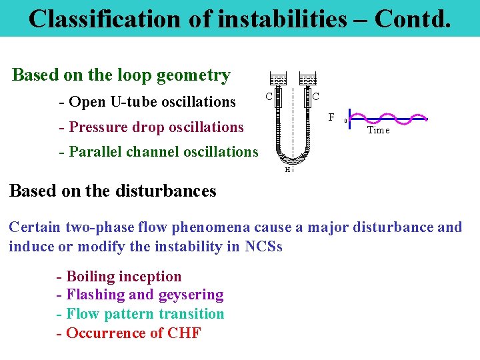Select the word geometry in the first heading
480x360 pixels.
pyautogui.click(x=193, y=75)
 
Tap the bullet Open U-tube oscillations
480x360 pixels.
pyautogui.click(x=147, y=102)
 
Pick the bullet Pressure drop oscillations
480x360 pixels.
pyautogui.click(x=151, y=127)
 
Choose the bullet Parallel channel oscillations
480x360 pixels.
pyautogui.click(x=159, y=151)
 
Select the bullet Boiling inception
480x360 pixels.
pyautogui.click(x=119, y=276)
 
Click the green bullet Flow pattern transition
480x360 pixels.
pyautogui.click(x=140, y=313)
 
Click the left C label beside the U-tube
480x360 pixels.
pyautogui.click(x=269, y=97)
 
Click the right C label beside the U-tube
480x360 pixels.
pyautogui.click(x=315, y=97)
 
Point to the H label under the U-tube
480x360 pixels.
pyautogui.click(x=287, y=169)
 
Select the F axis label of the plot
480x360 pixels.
pyautogui.click(x=331, y=118)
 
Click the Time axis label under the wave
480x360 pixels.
pyautogui.click(x=378, y=131)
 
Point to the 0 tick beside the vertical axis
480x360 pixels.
pyautogui.click(x=345, y=121)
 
